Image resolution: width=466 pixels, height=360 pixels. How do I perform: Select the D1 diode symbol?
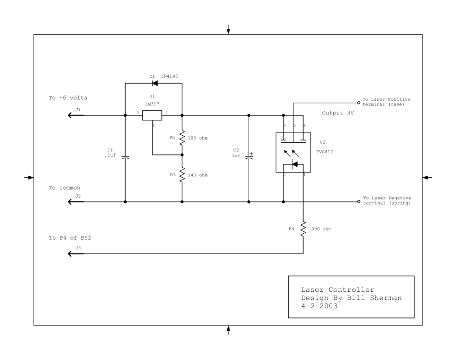click(x=153, y=83)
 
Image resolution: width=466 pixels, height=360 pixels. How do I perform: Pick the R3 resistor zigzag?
click(x=182, y=174)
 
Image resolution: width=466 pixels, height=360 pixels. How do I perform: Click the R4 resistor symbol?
click(x=303, y=229)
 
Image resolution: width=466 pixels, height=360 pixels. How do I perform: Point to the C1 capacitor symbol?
click(x=125, y=157)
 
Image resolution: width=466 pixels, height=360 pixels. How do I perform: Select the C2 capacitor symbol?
click(x=249, y=158)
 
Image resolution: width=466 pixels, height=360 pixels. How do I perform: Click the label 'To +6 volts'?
click(x=68, y=98)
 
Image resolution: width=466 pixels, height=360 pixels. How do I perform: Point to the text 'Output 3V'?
click(x=339, y=113)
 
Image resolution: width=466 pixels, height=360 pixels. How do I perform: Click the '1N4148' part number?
click(x=169, y=76)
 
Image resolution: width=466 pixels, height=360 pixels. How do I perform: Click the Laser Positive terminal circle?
click(x=358, y=102)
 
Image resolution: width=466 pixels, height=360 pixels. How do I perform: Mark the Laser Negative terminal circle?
click(x=358, y=202)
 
